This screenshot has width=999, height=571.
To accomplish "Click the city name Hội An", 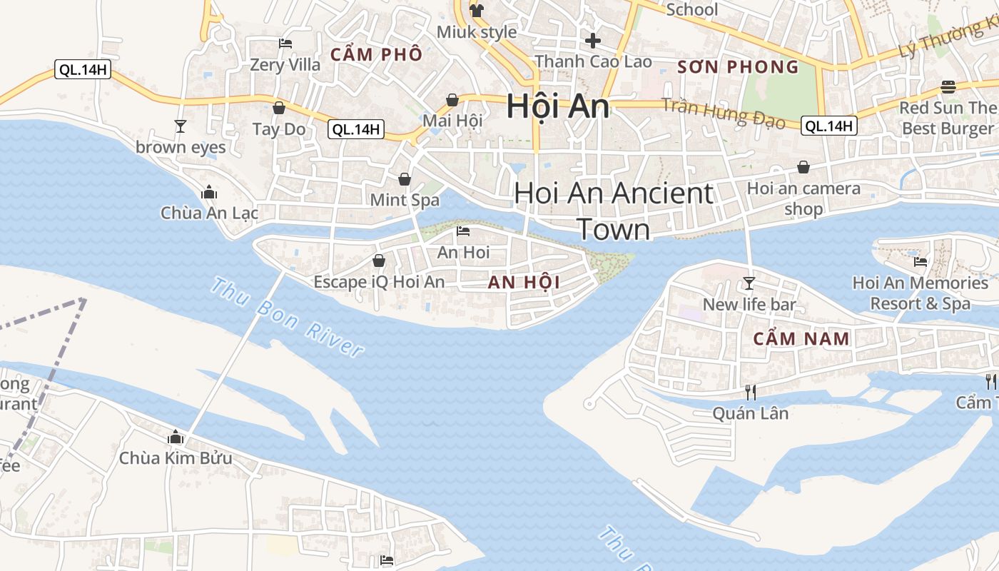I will click(x=557, y=107).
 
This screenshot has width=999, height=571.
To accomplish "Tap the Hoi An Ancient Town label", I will click(x=614, y=211).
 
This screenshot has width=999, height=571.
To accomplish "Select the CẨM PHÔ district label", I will click(x=376, y=54).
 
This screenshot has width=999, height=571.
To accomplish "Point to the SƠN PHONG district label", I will click(x=738, y=67).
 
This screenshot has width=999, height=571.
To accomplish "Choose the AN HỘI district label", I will click(x=524, y=283).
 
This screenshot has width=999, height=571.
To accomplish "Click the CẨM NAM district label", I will click(x=801, y=338).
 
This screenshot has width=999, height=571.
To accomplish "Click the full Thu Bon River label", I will click(x=287, y=316).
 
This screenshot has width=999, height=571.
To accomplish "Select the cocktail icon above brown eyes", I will click(x=181, y=126).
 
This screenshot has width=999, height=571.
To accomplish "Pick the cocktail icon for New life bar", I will click(x=749, y=283).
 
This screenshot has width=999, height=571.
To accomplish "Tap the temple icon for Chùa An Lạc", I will click(x=209, y=192).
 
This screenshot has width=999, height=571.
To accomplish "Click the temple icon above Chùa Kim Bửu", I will click(x=176, y=437).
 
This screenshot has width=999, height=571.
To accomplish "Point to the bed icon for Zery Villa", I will click(x=285, y=44).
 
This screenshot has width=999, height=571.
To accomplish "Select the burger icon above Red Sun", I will click(x=948, y=87).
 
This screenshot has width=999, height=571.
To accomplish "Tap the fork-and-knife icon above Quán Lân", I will click(x=750, y=392).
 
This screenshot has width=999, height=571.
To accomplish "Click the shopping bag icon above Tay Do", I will click(x=279, y=108).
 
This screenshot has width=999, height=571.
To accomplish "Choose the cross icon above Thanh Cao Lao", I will click(x=592, y=41).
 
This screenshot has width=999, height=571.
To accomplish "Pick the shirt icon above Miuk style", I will click(x=477, y=10).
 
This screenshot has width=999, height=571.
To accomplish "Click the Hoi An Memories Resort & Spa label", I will click(x=920, y=293).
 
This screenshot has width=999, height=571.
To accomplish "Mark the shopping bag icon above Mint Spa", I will click(x=405, y=178).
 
